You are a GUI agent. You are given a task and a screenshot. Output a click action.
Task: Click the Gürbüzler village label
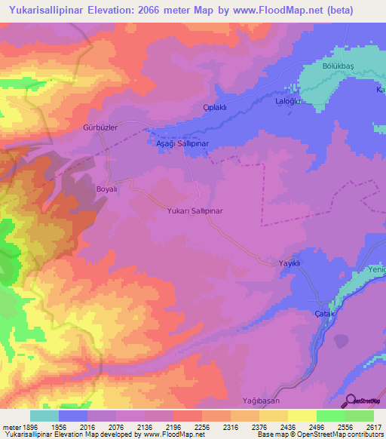pos(100,128)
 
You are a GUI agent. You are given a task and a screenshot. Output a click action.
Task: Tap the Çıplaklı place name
pos(216,107)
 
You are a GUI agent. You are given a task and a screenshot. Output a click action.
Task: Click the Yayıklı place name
pos(289,263)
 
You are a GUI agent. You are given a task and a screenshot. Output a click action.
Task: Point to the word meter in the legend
pos(10,426)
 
